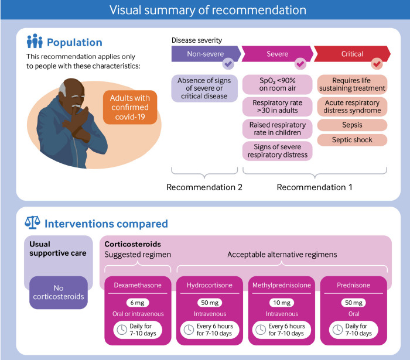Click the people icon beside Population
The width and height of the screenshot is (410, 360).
tap(35, 42)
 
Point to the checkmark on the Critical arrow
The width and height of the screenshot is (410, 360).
tap(377, 63)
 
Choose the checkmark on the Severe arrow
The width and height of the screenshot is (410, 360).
tap(300, 63)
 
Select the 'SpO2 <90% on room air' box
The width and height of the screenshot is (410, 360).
tap(278, 84)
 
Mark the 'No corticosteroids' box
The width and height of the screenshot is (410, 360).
tap(58, 292)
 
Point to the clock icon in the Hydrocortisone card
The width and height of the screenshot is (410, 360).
tap(190, 330)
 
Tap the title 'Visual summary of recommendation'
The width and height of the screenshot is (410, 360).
tap(205, 10)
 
